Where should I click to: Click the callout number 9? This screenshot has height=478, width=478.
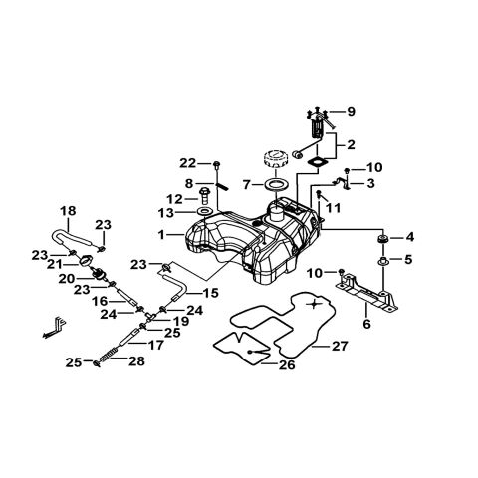[x=352, y=111]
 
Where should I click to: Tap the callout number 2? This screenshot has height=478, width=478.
[x=351, y=144]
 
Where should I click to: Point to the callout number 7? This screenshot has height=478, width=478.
[x=244, y=185]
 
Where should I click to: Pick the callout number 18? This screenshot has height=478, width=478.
[x=68, y=211]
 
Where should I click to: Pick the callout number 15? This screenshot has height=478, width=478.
[x=210, y=293]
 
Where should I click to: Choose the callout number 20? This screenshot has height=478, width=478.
[x=68, y=279]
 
